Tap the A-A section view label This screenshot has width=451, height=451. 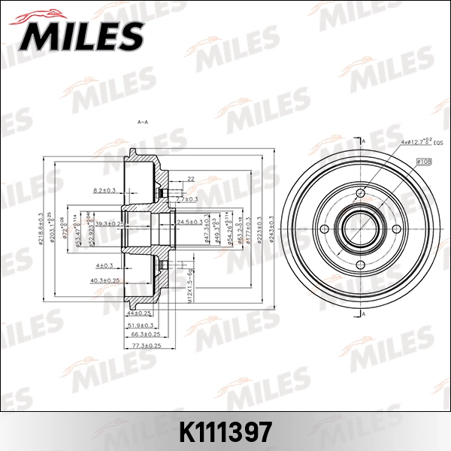coord(141,122)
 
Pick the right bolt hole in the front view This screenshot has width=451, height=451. coord(398,229)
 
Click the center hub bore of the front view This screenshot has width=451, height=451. coord(361,229)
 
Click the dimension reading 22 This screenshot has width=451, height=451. coord(191,179)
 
